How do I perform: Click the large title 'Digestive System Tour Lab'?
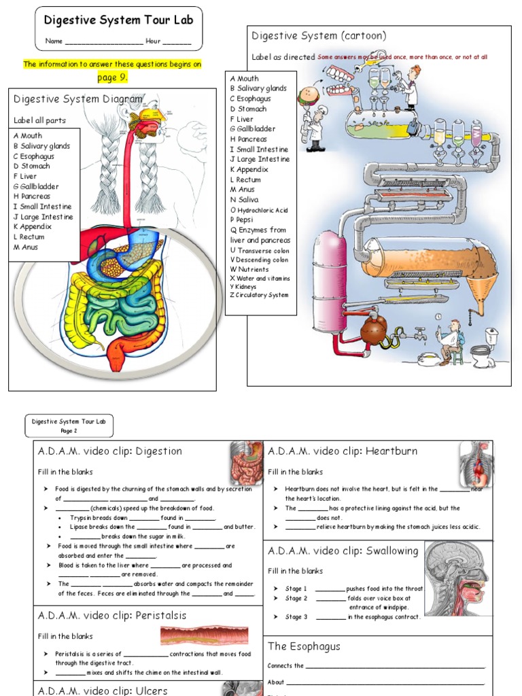[x=119, y=20]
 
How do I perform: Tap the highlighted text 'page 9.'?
[x=112, y=77]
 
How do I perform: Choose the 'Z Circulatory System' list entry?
[x=259, y=296]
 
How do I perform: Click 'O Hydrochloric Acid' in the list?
[x=260, y=210]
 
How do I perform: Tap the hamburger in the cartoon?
[x=308, y=96]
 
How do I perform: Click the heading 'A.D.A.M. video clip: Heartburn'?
[x=343, y=451]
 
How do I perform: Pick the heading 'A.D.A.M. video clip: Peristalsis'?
[x=112, y=616]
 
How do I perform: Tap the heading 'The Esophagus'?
[x=304, y=646]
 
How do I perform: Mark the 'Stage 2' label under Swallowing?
[x=296, y=598]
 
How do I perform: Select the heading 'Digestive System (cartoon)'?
[x=319, y=36]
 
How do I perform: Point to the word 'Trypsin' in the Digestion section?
[x=82, y=517]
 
